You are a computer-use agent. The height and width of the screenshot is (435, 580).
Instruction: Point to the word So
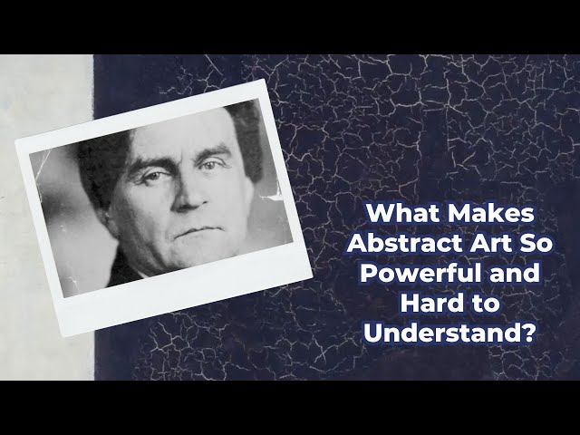[x=537, y=243]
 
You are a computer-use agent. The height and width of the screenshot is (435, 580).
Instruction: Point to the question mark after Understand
[x=528, y=333]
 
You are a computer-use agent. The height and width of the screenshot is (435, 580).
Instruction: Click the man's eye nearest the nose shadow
[x=208, y=165]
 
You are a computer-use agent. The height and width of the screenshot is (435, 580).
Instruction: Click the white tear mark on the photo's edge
[x=273, y=195]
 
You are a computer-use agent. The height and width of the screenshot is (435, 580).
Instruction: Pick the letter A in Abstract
[x=357, y=243]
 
